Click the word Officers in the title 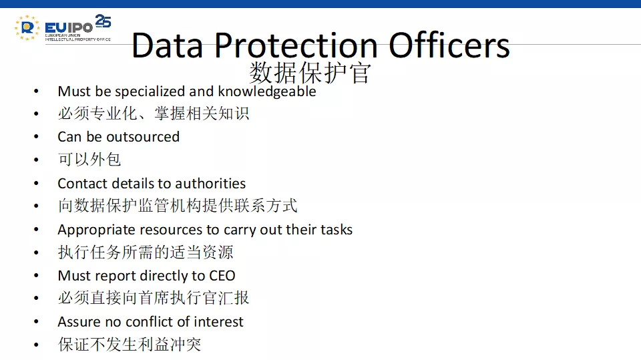pyautogui.click(x=449, y=45)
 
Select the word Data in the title pyautogui.click(x=167, y=45)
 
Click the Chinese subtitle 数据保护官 pyautogui.click(x=310, y=73)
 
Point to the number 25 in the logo pyautogui.click(x=103, y=21)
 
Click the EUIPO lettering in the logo pyautogui.click(x=69, y=28)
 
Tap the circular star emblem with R pyautogui.click(x=27, y=28)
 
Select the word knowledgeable pyautogui.click(x=267, y=92)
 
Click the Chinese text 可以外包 pyautogui.click(x=89, y=159)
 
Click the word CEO pyautogui.click(x=222, y=276)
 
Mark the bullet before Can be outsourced pyautogui.click(x=36, y=137)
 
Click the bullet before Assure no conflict pyautogui.click(x=36, y=322)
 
